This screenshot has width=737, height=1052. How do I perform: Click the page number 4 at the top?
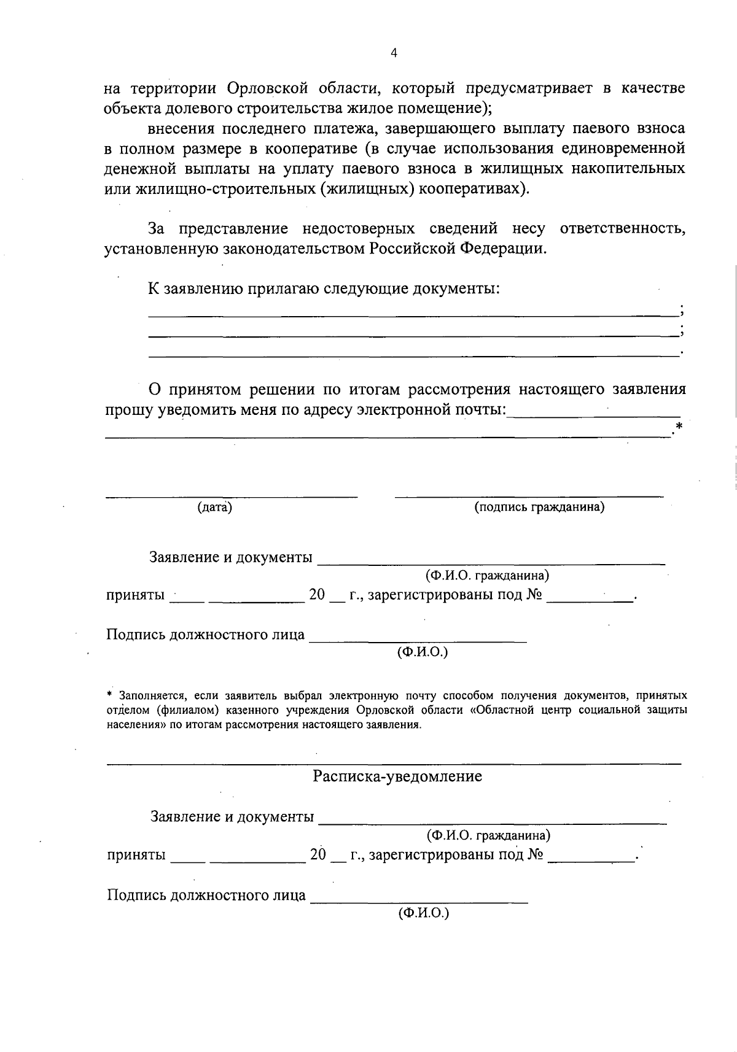[394, 53]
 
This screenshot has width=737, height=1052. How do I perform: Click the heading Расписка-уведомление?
[397, 776]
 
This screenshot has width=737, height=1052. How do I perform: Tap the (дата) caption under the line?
[214, 507]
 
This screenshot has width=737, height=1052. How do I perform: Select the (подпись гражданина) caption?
[539, 507]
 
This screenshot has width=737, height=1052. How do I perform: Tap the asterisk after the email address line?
[678, 427]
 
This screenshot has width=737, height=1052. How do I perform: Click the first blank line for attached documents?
[411, 315]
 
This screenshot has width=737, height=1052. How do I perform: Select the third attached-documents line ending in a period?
[411, 356]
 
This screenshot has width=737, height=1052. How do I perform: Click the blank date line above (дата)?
[231, 495]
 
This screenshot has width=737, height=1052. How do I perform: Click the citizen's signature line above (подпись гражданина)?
[528, 495]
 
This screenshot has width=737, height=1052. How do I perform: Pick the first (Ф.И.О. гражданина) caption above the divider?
[487, 576]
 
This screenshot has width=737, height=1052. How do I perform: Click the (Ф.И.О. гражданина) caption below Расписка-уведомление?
[488, 835]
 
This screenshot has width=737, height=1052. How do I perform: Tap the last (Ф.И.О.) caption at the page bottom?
[424, 913]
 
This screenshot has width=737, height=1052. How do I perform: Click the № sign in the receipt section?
[534, 855]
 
